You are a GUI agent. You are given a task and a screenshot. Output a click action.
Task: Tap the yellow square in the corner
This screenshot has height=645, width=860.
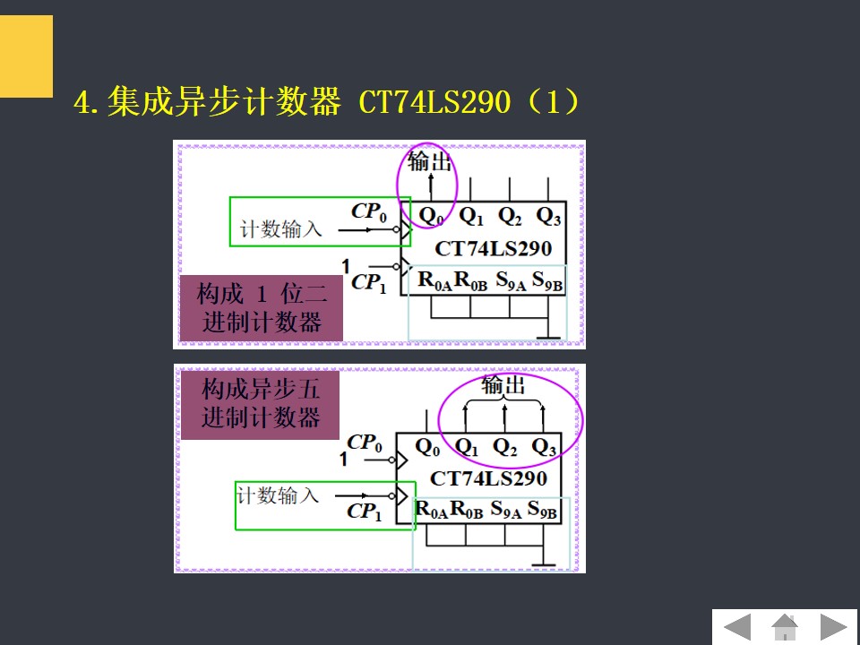[26, 56]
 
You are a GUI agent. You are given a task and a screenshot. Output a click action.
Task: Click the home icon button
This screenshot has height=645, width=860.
[785, 626]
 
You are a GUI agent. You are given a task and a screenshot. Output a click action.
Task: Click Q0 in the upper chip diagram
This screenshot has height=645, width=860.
[431, 216]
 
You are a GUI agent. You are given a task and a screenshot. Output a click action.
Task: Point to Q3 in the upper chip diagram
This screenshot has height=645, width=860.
[548, 216]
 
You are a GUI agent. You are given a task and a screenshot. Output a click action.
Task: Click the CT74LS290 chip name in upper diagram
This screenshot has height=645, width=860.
[493, 248]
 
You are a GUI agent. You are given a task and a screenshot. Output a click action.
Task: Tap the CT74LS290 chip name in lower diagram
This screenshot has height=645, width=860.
[488, 478]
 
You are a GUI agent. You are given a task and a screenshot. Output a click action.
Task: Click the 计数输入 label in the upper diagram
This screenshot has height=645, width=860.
[280, 229]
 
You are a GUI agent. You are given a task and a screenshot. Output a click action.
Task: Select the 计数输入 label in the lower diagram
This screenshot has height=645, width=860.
[278, 495]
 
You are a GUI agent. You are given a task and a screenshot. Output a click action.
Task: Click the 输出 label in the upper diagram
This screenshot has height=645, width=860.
[429, 162]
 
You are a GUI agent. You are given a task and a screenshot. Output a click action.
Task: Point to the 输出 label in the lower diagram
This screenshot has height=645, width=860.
[503, 386]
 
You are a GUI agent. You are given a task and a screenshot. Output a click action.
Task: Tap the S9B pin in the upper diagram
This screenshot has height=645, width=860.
[546, 280]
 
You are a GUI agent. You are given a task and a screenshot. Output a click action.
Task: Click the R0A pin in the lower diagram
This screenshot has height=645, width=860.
[430, 511]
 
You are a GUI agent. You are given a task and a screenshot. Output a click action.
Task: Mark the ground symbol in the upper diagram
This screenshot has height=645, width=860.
[546, 336]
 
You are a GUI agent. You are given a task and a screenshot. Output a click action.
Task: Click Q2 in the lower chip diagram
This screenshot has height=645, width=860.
[505, 446]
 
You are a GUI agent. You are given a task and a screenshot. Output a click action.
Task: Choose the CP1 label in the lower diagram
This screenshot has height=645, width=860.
[365, 512]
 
